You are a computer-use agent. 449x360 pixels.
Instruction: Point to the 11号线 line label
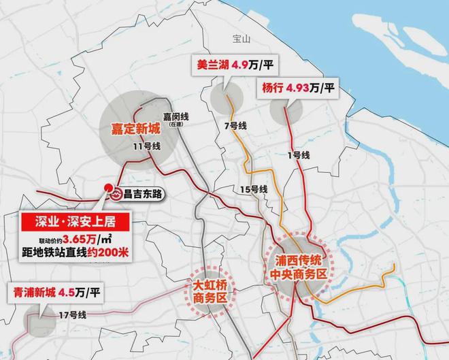(146, 146)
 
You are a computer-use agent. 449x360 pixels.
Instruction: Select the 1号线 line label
(299, 155)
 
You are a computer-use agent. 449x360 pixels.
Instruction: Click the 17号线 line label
(73, 315)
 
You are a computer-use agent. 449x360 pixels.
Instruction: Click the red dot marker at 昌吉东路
(107, 189)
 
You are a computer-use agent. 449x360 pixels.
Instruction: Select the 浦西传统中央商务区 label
(296, 267)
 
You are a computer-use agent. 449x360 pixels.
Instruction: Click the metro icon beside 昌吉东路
(117, 193)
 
